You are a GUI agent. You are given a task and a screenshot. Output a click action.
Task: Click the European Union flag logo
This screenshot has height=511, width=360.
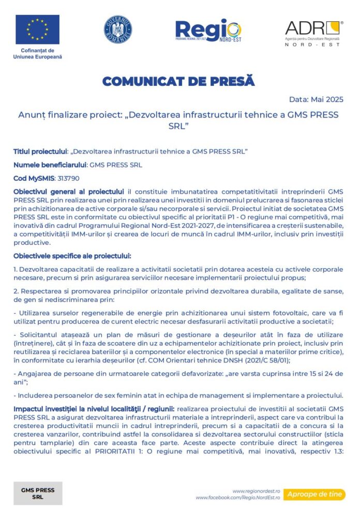pyautogui.click(x=37, y=30)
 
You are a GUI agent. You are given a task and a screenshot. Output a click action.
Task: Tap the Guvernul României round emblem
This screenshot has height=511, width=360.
pyautogui.click(x=117, y=29)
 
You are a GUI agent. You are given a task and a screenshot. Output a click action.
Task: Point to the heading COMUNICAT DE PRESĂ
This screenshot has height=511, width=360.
pyautogui.click(x=178, y=81)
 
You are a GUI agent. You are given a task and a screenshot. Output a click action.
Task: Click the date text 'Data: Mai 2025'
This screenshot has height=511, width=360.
pyautogui.click(x=316, y=99)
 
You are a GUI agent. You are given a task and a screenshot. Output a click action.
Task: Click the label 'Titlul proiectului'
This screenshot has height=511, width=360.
pyautogui.click(x=40, y=151)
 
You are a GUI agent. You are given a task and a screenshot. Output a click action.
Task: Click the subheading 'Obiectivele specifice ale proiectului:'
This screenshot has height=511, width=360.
pyautogui.click(x=72, y=256)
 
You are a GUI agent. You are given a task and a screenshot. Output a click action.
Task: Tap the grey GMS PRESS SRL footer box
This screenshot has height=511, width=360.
pyautogui.click(x=38, y=493)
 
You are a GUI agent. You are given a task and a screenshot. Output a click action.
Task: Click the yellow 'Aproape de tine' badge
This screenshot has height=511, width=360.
pyautogui.click(x=313, y=494)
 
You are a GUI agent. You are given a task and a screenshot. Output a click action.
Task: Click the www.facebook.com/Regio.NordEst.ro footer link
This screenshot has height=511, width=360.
pyautogui.click(x=237, y=498)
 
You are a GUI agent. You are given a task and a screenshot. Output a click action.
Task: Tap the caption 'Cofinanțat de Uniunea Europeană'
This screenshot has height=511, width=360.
pyautogui.click(x=37, y=53)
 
